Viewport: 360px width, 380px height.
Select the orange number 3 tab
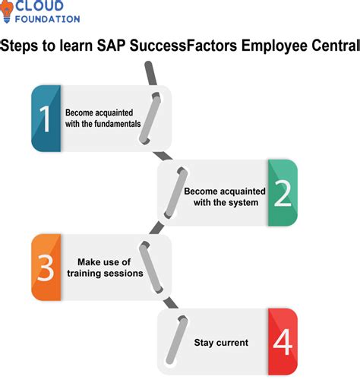point(46,268)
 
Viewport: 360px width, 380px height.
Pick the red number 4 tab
point(283,341)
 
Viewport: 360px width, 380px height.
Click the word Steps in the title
point(22,46)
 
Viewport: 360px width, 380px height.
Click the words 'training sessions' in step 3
point(104,274)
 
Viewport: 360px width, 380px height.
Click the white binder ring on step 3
point(149,268)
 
